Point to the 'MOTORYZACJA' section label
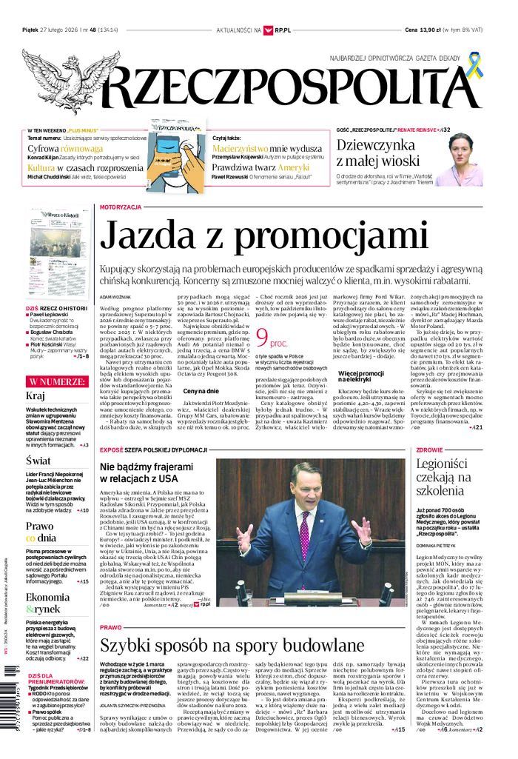tap(120, 207)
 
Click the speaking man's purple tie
tap(305, 535)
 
